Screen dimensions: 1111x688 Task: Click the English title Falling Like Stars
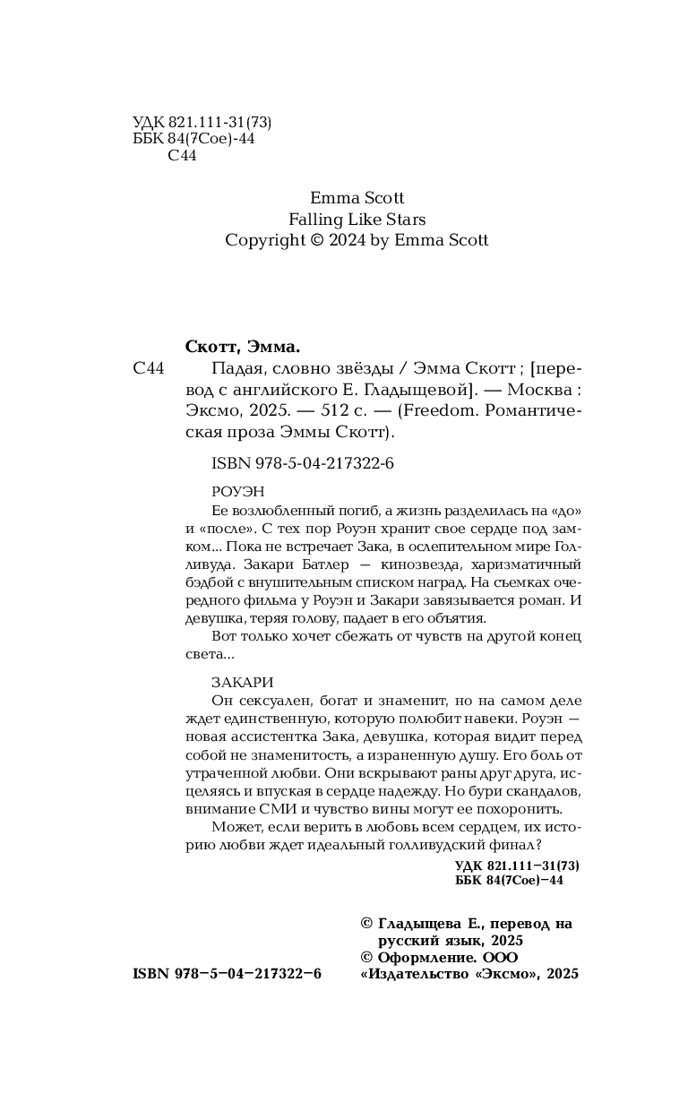point(357,219)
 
